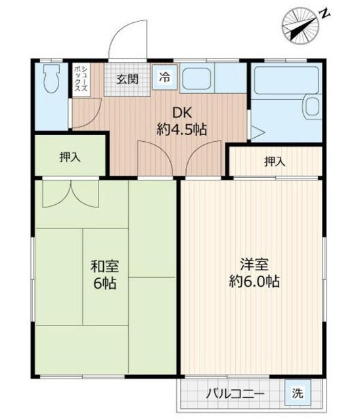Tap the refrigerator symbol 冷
pyautogui.click(x=164, y=75)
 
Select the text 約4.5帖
pyautogui.click(x=182, y=129)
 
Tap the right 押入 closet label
pyautogui.click(x=275, y=161)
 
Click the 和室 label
pyautogui.click(x=104, y=266)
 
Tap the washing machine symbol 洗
pyautogui.click(x=298, y=394)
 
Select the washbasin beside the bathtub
pyautogui.click(x=311, y=106)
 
